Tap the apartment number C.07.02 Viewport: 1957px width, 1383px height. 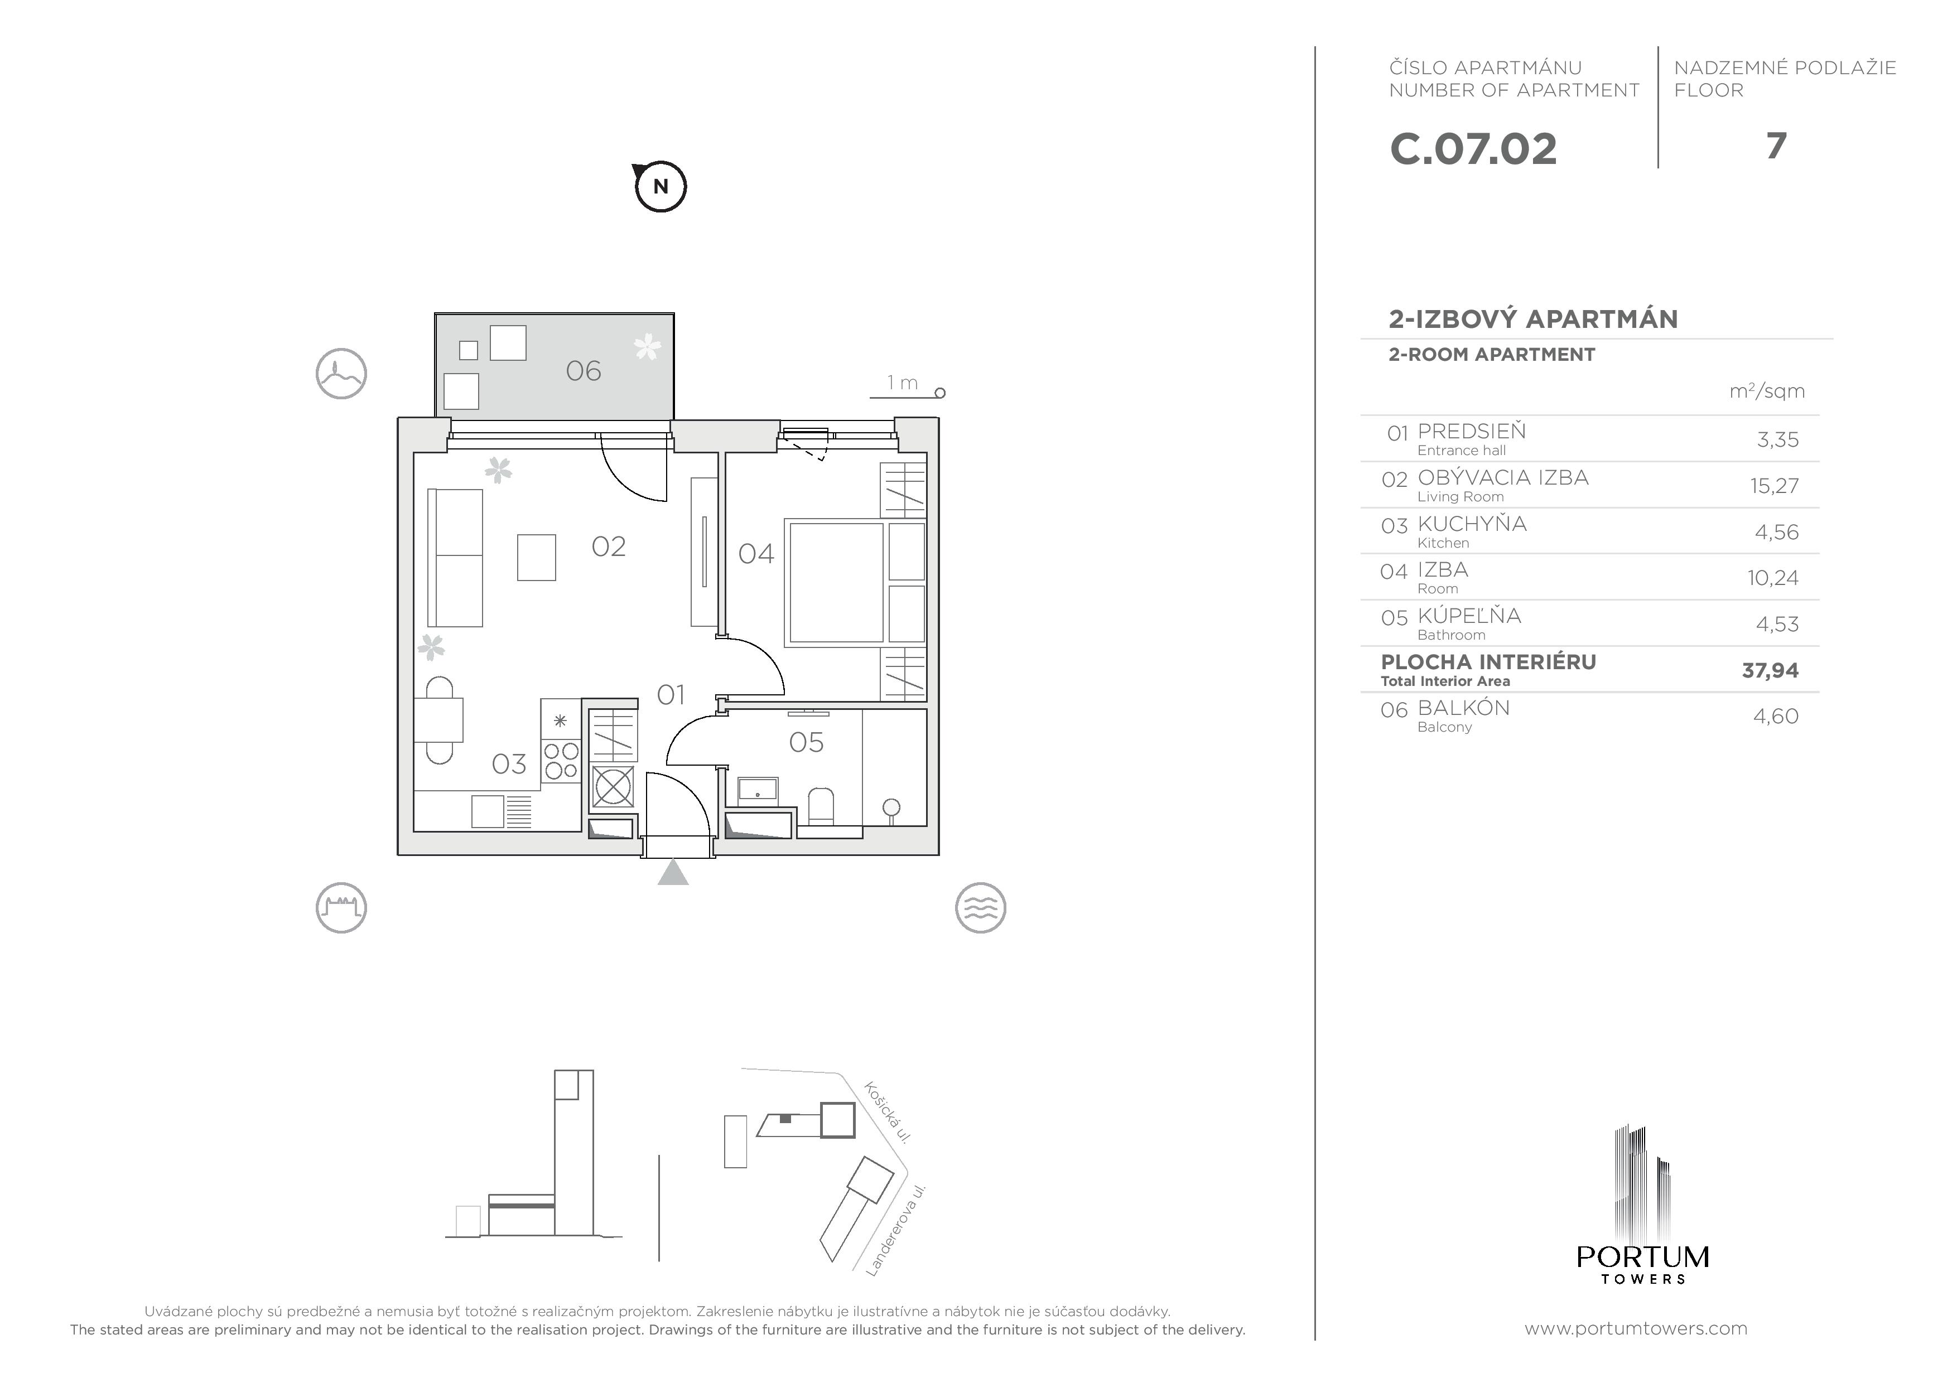[1473, 149]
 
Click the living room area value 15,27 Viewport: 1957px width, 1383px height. [1774, 486]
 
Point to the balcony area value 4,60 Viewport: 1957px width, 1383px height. [1776, 716]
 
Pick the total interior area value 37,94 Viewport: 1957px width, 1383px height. [1770, 671]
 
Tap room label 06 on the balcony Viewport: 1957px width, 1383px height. [584, 371]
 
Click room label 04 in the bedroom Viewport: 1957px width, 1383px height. [756, 554]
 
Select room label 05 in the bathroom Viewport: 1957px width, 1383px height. [806, 742]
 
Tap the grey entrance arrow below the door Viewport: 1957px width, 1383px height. [673, 873]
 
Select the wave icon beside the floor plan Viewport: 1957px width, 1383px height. [980, 907]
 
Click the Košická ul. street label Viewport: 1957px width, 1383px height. [888, 1112]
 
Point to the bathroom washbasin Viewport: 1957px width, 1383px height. [757, 790]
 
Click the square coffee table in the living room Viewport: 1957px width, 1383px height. [536, 557]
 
